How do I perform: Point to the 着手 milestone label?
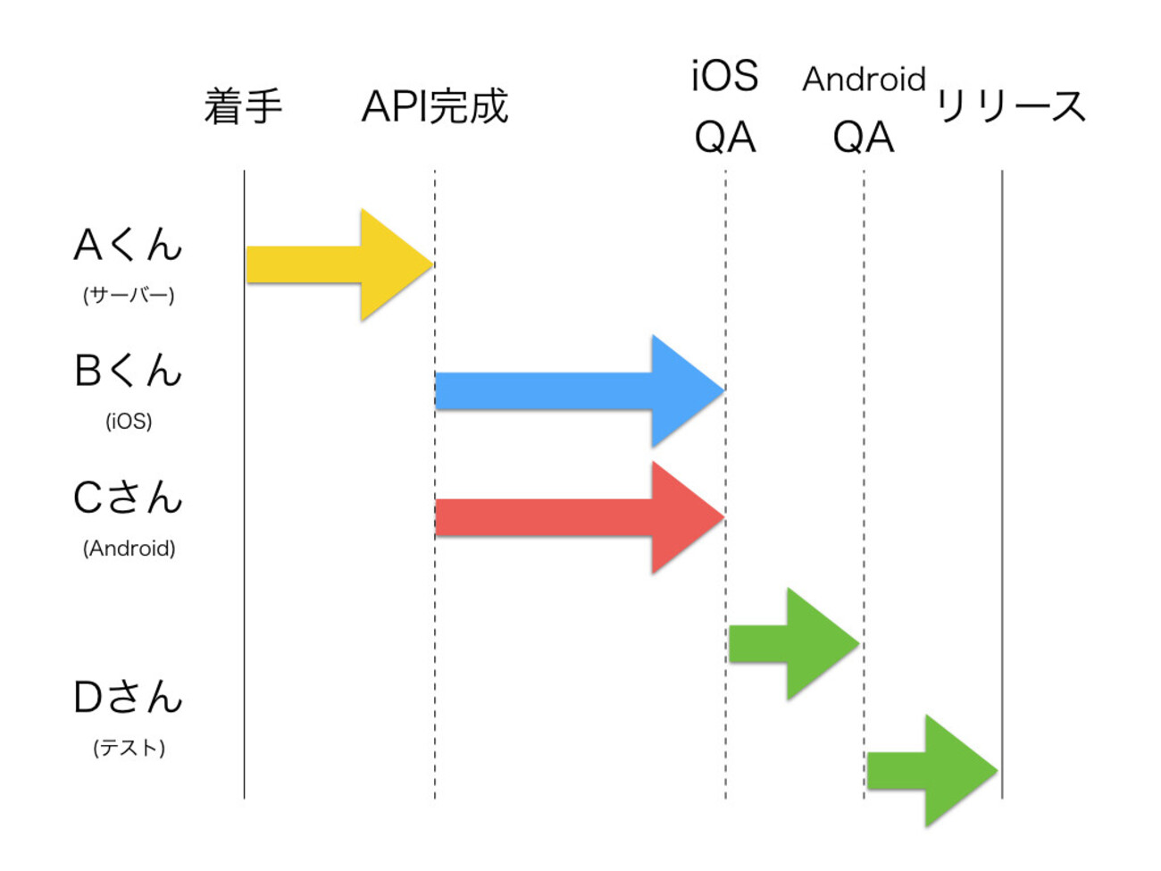coord(243,106)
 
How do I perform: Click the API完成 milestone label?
coord(435,106)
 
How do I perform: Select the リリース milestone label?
coord(1010,106)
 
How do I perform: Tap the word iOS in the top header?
coord(724,76)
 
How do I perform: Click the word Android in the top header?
coord(864,80)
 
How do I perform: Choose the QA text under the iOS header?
coord(725,138)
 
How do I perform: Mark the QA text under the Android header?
coord(864,138)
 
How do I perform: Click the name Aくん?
coord(128,245)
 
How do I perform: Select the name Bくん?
coord(128,371)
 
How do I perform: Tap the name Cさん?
coord(128,498)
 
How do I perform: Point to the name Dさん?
coord(128,697)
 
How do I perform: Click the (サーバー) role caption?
coord(129,295)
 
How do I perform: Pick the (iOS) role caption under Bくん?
coord(129,421)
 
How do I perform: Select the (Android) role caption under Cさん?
coord(129,548)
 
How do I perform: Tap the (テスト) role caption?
coord(129,747)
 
